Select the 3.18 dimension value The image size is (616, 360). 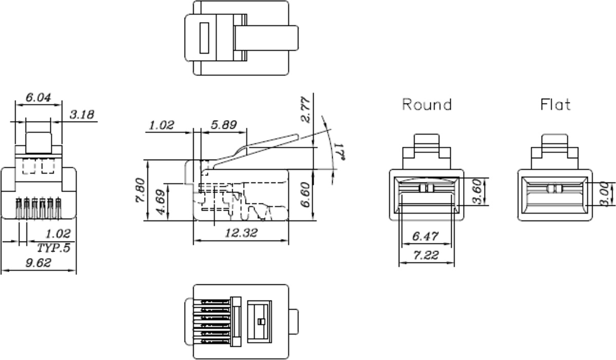pyautogui.click(x=82, y=114)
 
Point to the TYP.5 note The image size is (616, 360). pyautogui.click(x=53, y=248)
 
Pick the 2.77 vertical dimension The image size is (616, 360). pyautogui.click(x=305, y=109)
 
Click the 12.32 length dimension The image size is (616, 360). pyautogui.click(x=242, y=234)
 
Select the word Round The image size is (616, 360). pyautogui.click(x=427, y=105)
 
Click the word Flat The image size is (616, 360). pyautogui.click(x=555, y=105)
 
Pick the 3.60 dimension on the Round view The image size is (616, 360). pyautogui.click(x=477, y=192)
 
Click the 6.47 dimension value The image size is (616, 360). pyautogui.click(x=426, y=237)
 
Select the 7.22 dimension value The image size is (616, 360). pyautogui.click(x=426, y=255)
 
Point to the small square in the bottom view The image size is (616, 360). pyautogui.click(x=260, y=322)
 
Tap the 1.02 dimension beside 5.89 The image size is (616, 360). pyautogui.click(x=162, y=125)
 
